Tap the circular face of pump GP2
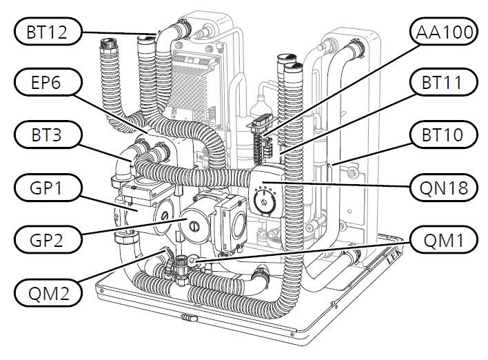click(194, 224)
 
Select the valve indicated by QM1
click(185, 263)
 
